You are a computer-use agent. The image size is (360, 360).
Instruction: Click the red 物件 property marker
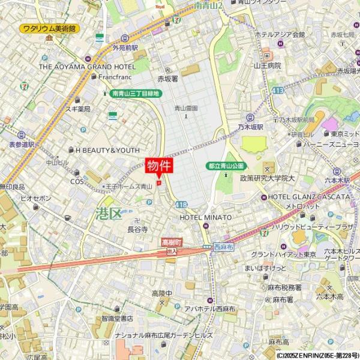coord(159,166)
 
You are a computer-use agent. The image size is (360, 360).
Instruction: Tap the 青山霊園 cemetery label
coord(185,109)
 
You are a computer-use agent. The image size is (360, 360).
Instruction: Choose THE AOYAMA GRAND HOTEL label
coord(88,67)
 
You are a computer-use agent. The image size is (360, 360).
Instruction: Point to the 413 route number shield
coord(277,90)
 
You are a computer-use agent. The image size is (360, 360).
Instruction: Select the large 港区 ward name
coord(109,213)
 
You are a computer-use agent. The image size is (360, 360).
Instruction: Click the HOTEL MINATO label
coord(205,217)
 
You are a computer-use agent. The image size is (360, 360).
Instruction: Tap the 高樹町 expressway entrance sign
coord(172,242)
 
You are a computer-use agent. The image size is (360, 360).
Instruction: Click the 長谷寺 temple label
coord(137,229)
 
